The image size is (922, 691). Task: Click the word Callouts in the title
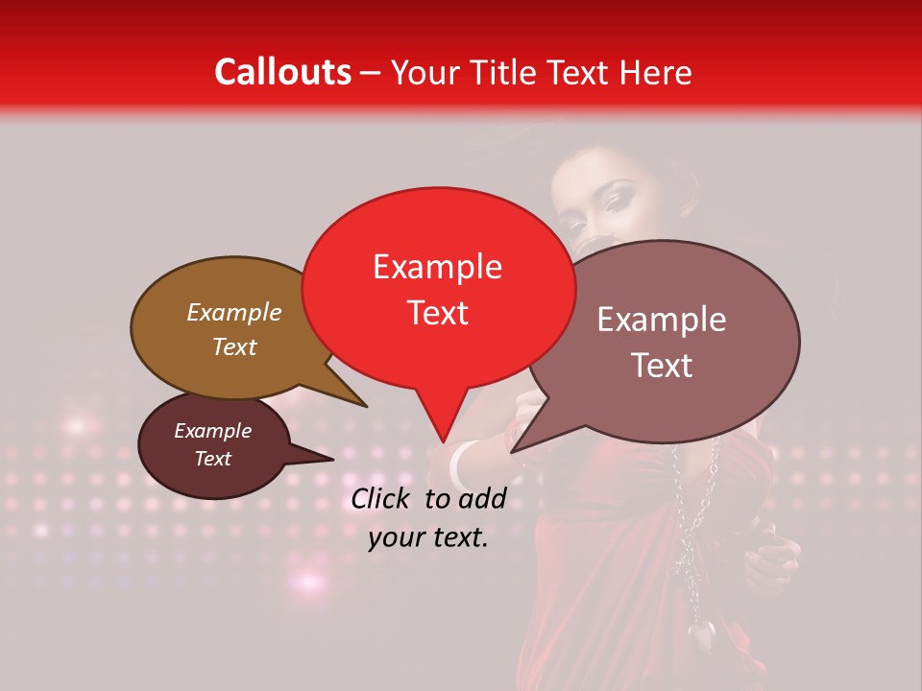point(282,72)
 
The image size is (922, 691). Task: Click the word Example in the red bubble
point(437,267)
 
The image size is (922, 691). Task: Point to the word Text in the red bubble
point(437,313)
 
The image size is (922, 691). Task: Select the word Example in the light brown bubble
point(234,312)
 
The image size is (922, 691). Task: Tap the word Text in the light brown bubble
point(234,346)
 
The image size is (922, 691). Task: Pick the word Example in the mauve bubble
point(662,320)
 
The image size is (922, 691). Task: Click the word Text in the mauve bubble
point(662,365)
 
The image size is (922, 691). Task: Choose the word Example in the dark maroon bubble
point(213,431)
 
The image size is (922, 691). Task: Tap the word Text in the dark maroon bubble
point(213,459)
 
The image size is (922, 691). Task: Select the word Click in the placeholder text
point(383,498)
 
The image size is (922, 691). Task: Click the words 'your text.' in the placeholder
point(428,537)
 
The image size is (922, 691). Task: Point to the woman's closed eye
point(613,201)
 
